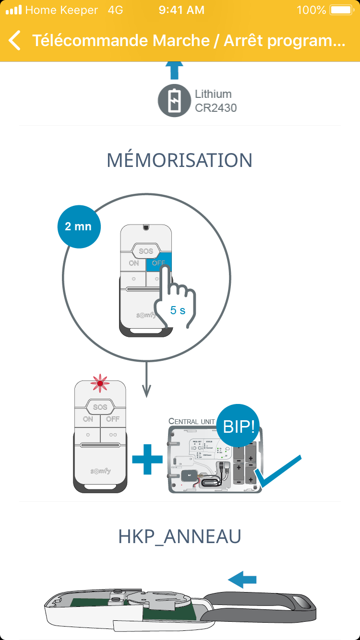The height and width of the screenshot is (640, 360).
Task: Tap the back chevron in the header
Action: point(15,41)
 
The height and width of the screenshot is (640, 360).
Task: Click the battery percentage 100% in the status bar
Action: point(312,10)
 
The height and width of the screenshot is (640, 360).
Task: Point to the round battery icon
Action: point(174,101)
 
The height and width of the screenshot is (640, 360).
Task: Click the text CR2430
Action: point(216,108)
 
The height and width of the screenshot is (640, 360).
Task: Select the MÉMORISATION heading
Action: point(180,160)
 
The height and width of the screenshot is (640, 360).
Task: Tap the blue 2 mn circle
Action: point(79,226)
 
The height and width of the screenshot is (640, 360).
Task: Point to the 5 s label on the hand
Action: point(178,310)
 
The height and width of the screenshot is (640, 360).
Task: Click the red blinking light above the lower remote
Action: point(100,383)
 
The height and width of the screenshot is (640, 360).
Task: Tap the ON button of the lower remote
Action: point(88,419)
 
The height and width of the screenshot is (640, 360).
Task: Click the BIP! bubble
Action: point(239,426)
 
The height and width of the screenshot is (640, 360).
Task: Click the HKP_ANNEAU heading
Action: point(180,537)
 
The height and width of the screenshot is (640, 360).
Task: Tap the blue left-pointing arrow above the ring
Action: point(242,580)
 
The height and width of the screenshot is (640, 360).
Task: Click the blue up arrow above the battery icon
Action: point(174,71)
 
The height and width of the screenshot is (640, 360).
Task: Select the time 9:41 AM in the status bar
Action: point(181,10)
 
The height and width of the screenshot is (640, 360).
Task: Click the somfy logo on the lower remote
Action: point(100,471)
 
